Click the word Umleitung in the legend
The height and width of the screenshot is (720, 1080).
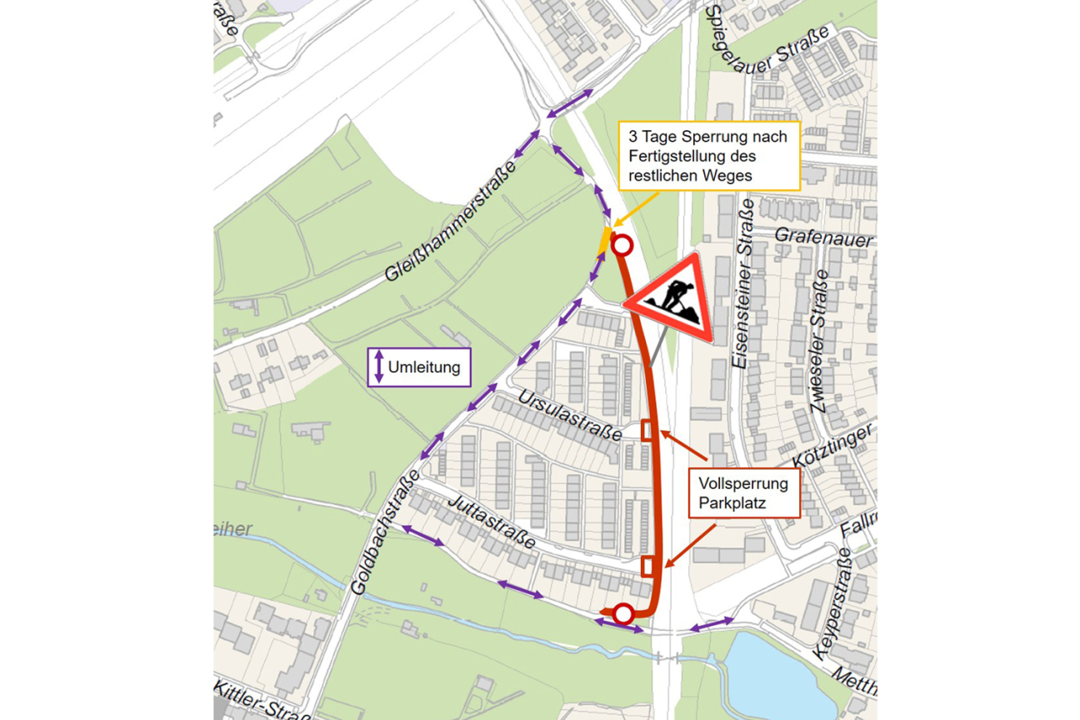[424, 367]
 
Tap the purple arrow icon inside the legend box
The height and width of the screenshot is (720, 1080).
[378, 367]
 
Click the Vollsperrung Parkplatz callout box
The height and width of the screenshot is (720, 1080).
[744, 492]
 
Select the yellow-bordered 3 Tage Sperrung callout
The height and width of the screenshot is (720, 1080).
[708, 155]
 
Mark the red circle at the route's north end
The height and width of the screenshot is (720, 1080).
[622, 245]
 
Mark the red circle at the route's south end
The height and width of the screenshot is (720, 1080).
[623, 615]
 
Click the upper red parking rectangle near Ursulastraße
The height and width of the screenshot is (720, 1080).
[647, 430]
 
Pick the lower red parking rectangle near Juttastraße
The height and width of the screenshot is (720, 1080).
[648, 567]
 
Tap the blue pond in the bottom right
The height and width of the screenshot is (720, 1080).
[772, 674]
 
